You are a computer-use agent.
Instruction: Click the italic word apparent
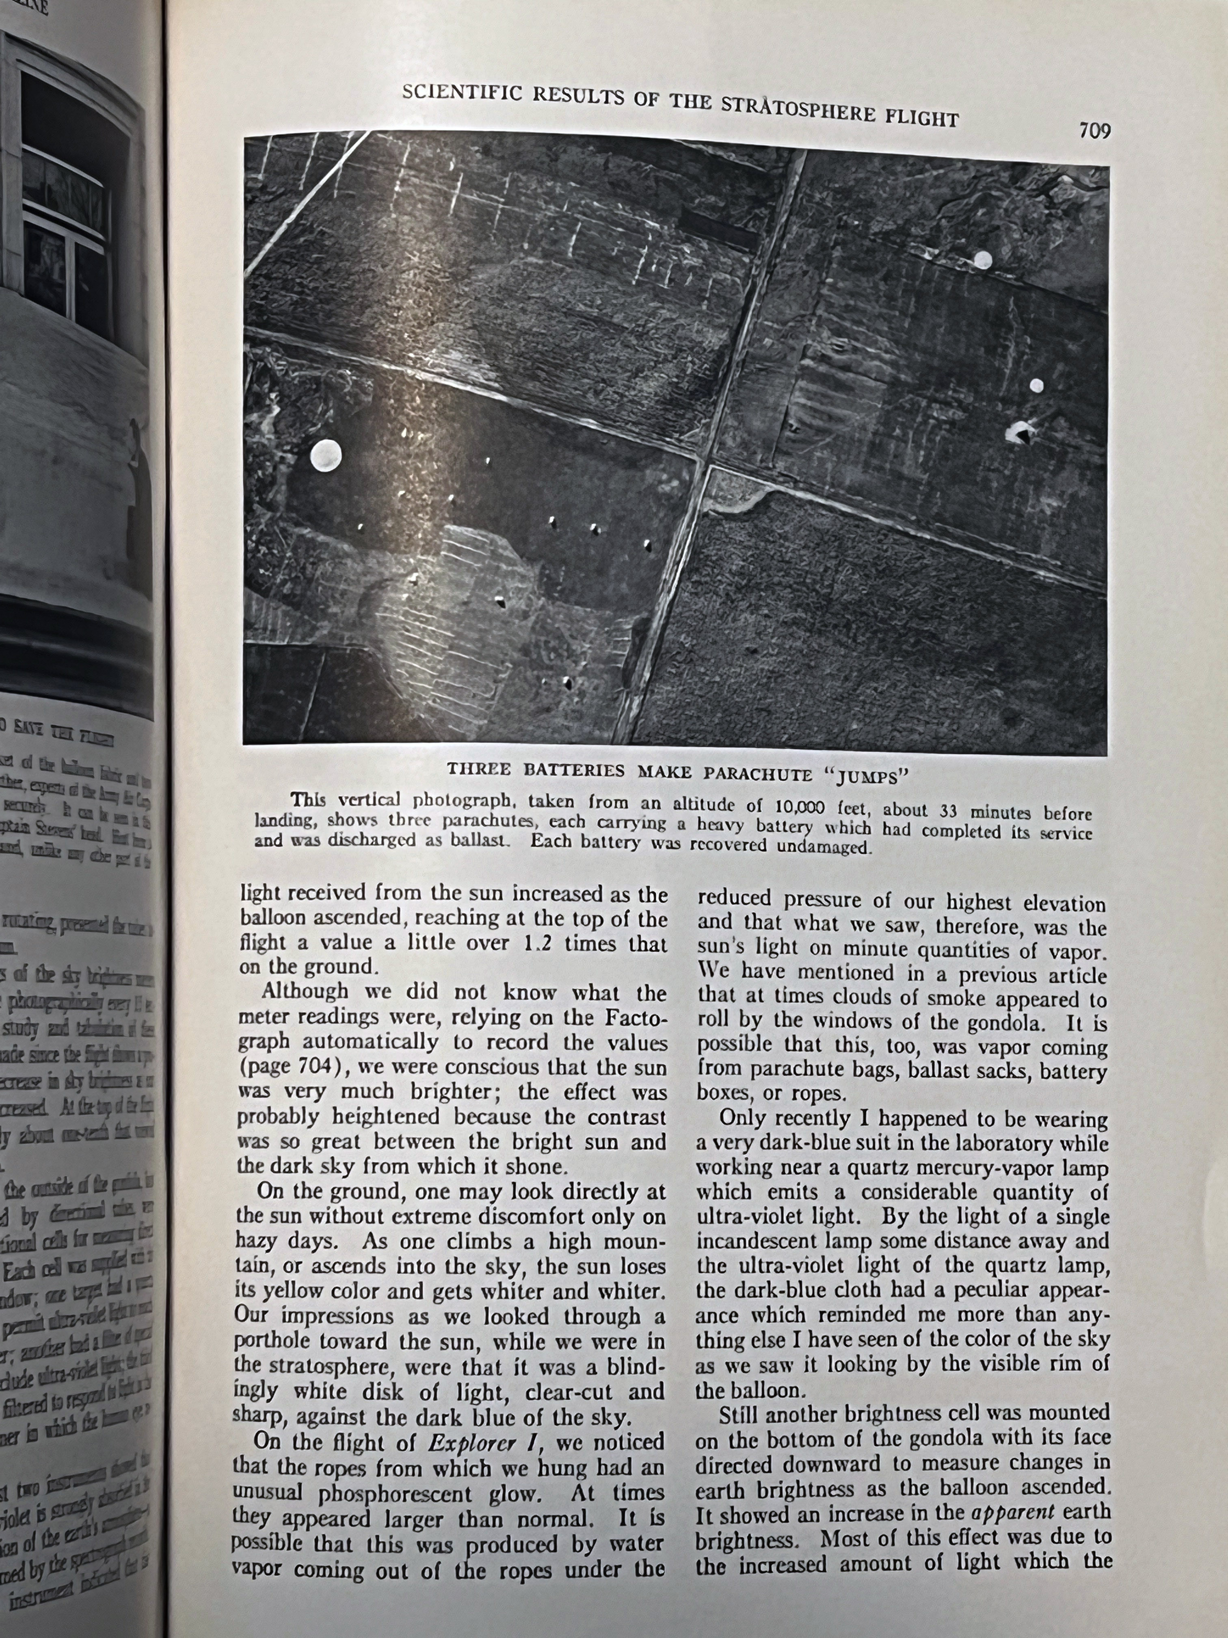[1026, 1514]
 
